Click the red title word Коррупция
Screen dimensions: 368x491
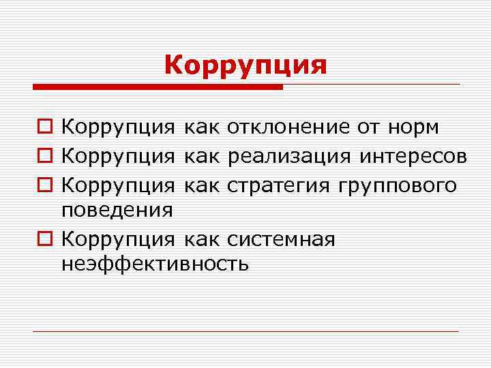pos(245,65)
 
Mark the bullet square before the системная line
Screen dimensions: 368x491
pos(46,240)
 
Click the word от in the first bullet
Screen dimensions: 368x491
pos(367,127)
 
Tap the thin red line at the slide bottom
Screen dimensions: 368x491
pos(245,331)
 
